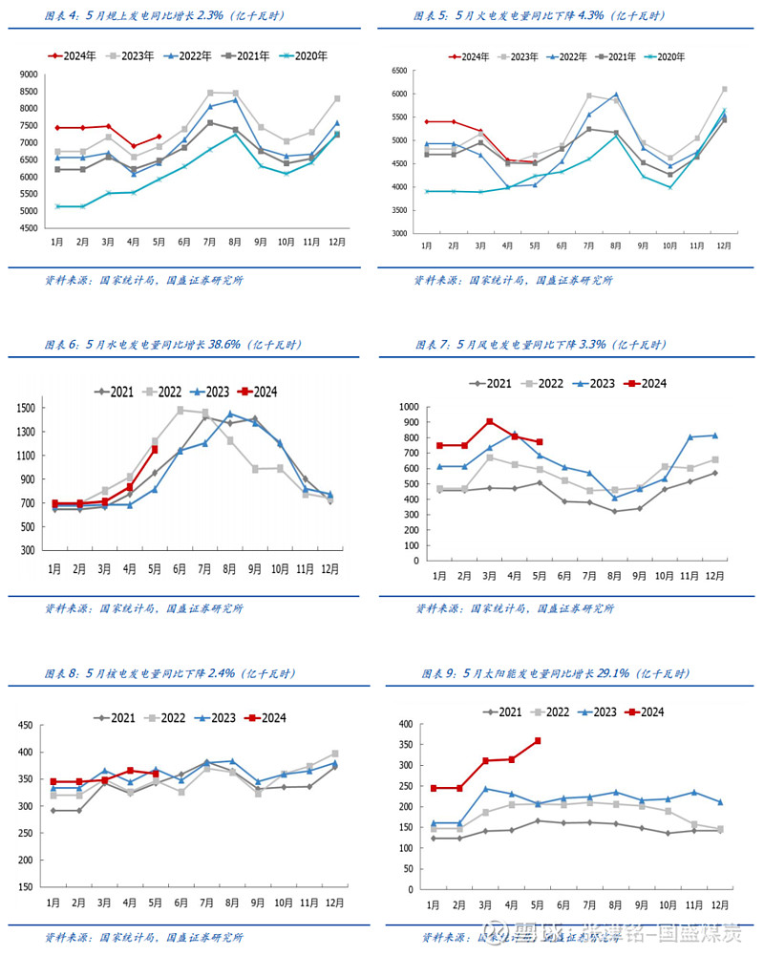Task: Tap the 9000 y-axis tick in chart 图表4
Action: (28, 74)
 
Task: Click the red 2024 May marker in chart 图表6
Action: (155, 449)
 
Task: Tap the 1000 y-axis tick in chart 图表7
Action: (409, 407)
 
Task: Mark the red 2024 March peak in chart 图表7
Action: (490, 421)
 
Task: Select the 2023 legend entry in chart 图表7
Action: (590, 383)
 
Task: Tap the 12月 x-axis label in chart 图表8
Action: (335, 903)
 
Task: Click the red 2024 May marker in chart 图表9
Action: (538, 740)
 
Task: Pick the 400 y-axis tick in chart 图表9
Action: (405, 724)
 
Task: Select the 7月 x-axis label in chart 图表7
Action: (589, 576)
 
